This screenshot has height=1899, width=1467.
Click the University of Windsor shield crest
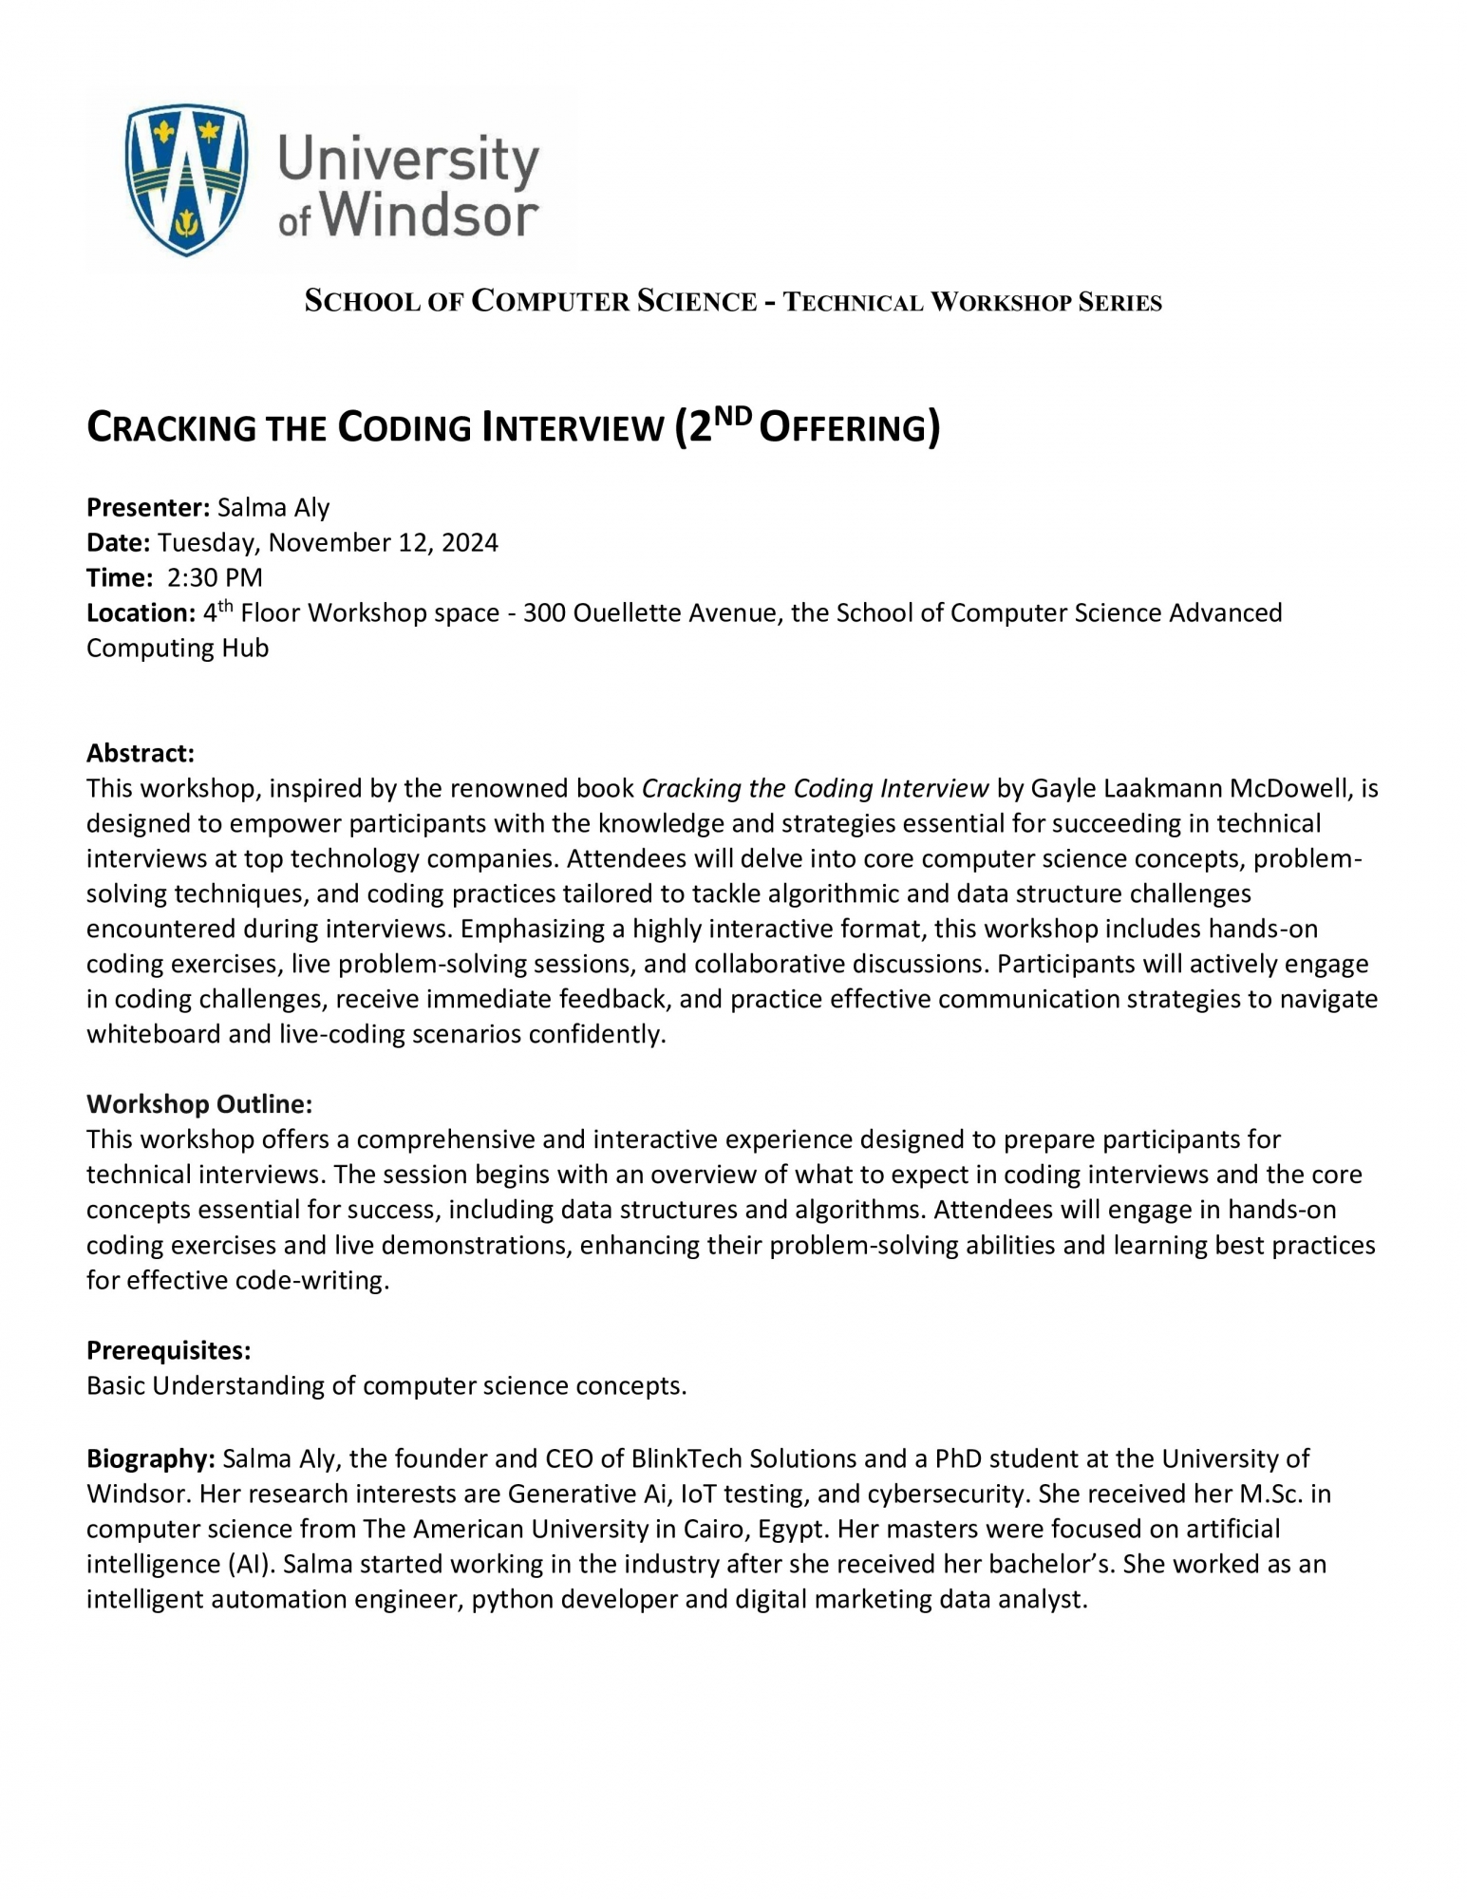point(186,179)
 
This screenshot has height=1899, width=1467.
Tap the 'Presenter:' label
point(147,508)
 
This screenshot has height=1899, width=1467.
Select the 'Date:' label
point(118,543)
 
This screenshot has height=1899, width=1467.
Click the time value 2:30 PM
point(215,578)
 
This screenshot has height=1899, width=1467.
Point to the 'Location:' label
point(141,613)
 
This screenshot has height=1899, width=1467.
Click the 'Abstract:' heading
point(140,754)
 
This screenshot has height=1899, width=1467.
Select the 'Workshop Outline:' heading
point(198,1104)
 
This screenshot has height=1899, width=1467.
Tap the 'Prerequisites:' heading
point(168,1350)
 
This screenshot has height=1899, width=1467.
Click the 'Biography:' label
point(150,1458)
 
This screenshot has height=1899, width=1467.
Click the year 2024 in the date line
point(469,543)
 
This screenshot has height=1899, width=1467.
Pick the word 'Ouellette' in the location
point(628,613)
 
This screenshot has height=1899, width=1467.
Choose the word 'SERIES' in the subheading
point(1120,303)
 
